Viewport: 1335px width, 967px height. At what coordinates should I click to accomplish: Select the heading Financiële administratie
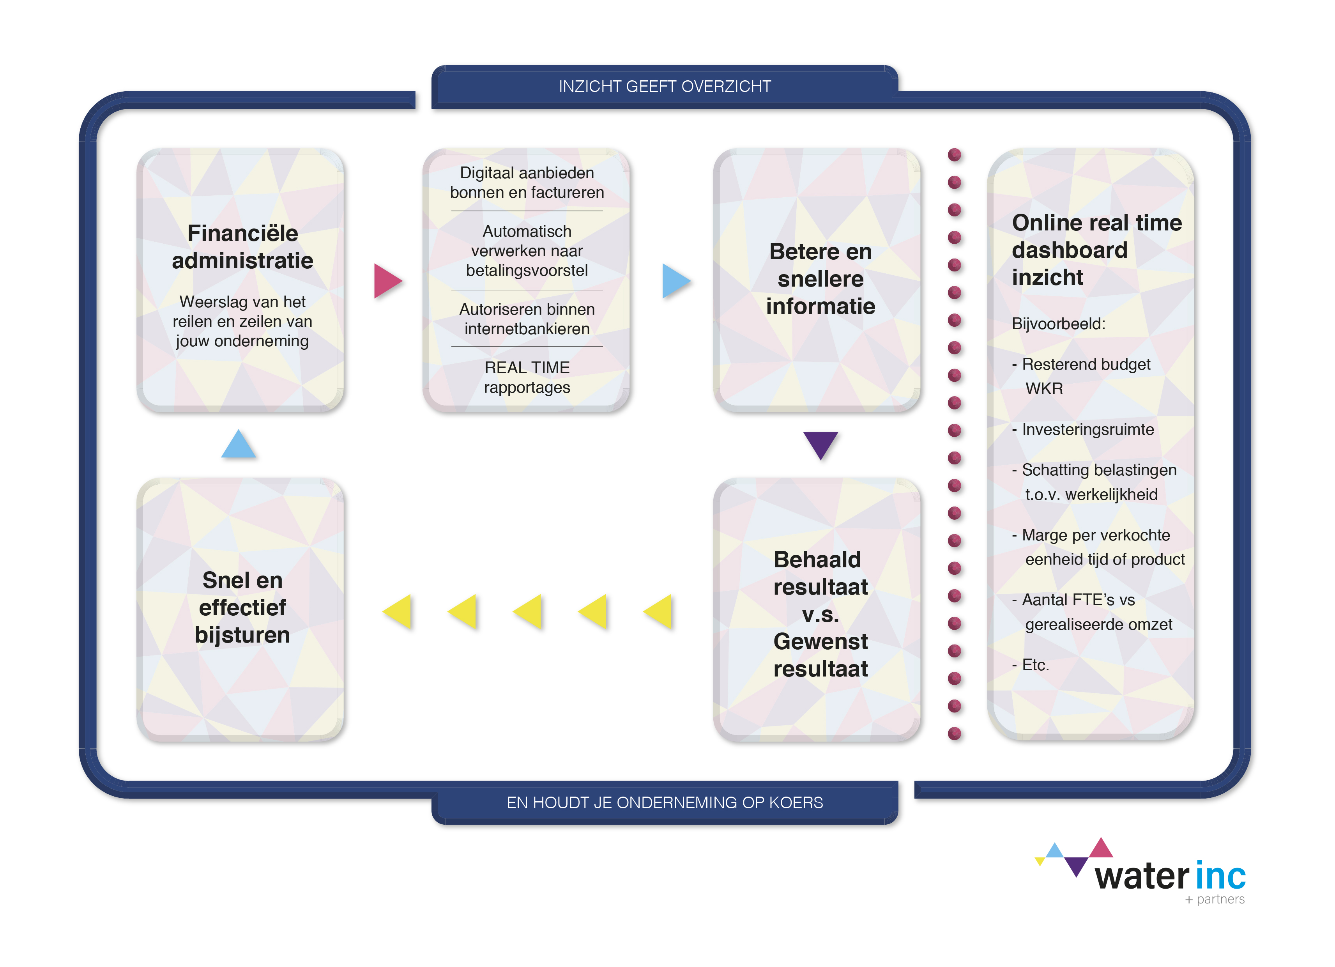tap(242, 247)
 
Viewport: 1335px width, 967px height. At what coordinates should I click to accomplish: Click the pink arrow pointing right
tap(386, 281)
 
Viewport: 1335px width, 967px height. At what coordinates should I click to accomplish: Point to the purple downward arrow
tap(820, 443)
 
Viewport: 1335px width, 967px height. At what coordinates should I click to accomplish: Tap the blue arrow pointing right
tap(675, 281)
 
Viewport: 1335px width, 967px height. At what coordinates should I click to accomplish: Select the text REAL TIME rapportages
tap(527, 377)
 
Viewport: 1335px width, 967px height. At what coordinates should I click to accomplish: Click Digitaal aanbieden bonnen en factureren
tap(527, 182)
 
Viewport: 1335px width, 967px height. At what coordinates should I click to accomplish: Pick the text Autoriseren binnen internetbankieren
tap(527, 319)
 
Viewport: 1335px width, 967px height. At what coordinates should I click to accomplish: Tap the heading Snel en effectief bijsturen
tap(242, 607)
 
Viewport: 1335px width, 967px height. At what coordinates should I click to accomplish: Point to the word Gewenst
tap(820, 641)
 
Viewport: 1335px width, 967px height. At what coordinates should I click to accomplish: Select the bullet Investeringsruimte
tap(1087, 429)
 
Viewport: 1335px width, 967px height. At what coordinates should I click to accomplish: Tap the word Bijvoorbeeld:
tap(1058, 323)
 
